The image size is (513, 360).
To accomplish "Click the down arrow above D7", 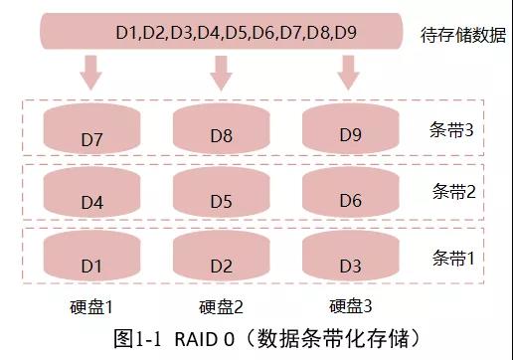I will [90, 72].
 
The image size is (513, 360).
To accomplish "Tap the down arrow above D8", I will [220, 72].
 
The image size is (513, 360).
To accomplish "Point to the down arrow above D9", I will [348, 72].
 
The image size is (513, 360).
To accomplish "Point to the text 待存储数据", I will [459, 35].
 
